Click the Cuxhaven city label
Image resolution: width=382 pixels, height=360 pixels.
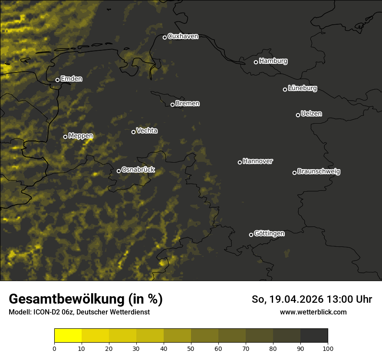click(183, 36)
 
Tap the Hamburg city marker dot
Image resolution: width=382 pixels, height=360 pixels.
click(256, 62)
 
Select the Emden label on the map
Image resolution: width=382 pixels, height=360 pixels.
click(71, 79)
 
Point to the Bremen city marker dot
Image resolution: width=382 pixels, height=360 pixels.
click(172, 105)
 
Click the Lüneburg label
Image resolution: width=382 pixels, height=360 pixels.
click(302, 88)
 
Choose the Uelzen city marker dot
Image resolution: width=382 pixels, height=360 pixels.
click(298, 115)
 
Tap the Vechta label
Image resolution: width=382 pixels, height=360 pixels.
click(147, 131)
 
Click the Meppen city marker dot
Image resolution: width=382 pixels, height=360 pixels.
click(65, 137)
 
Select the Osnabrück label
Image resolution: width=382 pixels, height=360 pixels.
click(138, 170)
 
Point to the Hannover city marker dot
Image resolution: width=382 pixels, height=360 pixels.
click(240, 162)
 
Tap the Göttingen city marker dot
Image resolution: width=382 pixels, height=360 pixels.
click(251, 235)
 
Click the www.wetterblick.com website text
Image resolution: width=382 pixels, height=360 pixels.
click(313, 312)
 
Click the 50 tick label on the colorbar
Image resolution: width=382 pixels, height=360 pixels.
click(191, 348)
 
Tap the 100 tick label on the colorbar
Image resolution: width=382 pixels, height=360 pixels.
click(328, 348)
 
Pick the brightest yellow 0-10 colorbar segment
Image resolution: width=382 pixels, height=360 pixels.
click(68, 336)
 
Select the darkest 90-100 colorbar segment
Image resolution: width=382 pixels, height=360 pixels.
click(314, 336)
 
